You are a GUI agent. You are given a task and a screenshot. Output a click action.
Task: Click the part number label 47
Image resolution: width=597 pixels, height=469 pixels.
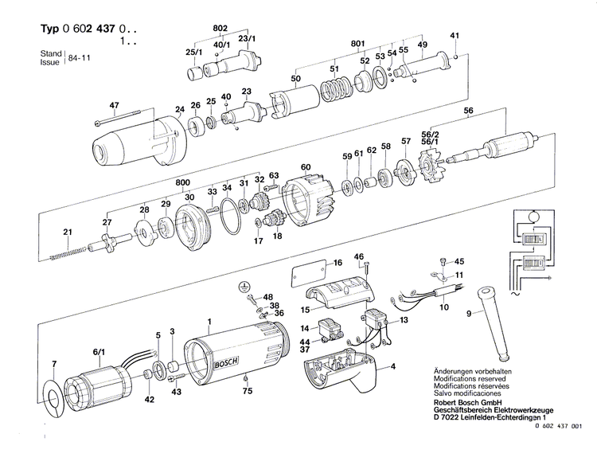114,106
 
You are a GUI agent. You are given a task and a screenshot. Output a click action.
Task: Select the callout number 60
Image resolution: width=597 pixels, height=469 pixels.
305,167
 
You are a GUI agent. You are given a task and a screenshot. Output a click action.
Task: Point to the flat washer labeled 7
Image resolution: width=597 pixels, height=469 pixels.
53,395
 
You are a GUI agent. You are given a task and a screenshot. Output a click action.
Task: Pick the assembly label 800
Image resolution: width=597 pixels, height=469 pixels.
183,182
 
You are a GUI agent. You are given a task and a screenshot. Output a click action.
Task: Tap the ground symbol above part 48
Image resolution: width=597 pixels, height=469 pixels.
245,284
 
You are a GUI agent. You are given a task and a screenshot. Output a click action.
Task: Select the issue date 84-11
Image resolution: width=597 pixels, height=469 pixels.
80,58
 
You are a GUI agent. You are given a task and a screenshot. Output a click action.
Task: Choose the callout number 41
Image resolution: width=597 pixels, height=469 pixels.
455,36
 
